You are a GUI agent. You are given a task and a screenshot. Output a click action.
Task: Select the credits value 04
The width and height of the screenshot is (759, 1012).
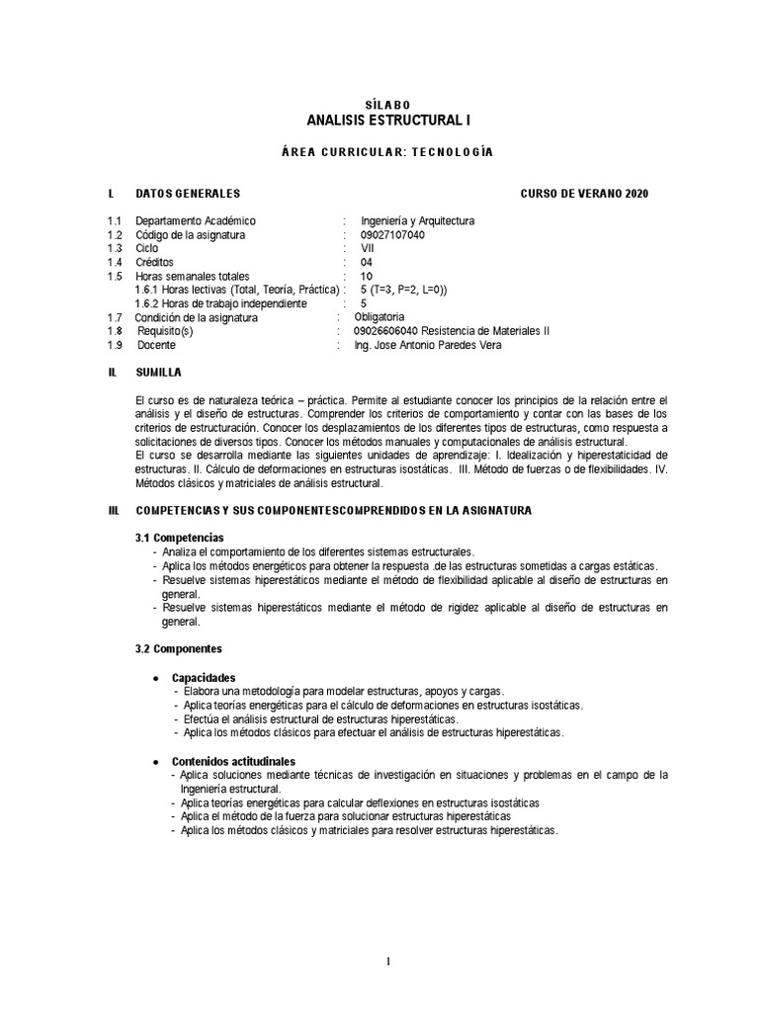(x=368, y=263)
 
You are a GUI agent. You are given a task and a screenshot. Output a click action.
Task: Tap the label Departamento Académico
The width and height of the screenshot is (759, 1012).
(x=195, y=221)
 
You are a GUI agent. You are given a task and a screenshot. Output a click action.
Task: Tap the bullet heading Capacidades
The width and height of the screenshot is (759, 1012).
(x=204, y=678)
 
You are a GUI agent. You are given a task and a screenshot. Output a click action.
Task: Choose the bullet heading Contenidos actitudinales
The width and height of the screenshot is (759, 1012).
(x=233, y=762)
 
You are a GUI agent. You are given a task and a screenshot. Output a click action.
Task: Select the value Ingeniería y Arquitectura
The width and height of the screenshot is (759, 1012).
(x=418, y=221)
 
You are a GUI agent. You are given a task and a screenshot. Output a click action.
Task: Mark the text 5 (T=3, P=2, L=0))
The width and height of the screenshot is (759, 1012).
(x=404, y=290)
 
